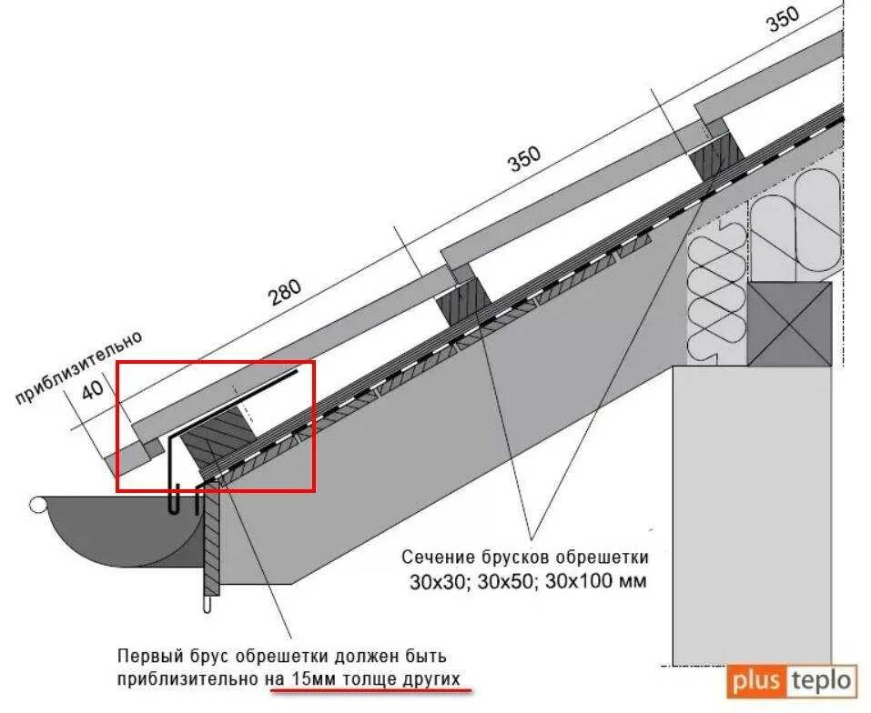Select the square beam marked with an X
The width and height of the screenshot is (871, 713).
(x=789, y=324)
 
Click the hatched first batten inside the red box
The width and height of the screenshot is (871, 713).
(x=215, y=445)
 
